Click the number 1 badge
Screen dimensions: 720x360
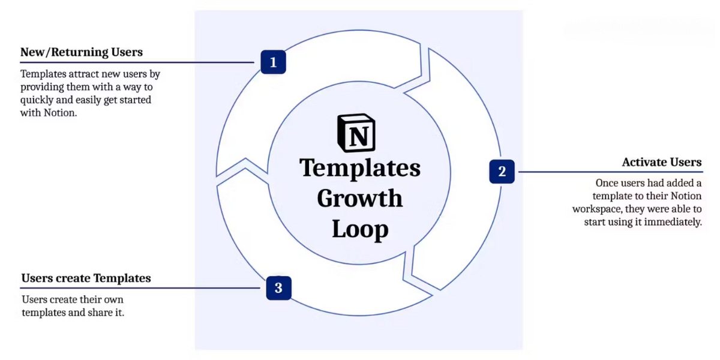(x=273, y=62)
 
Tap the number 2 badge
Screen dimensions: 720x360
(x=502, y=172)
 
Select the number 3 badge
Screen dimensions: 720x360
(x=278, y=288)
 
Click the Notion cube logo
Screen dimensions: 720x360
(x=356, y=133)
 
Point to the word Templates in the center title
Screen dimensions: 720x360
(x=359, y=168)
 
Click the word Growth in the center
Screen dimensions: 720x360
(x=359, y=198)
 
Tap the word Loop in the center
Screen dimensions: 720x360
(x=361, y=229)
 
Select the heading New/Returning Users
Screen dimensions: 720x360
(x=82, y=52)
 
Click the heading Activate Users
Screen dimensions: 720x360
(x=662, y=162)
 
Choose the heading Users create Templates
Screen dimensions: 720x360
(x=86, y=278)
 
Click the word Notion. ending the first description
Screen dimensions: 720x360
(x=61, y=113)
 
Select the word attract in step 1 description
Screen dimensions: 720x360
(x=84, y=74)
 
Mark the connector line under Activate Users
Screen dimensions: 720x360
(x=610, y=172)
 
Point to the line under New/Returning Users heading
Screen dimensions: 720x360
(x=137, y=62)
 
